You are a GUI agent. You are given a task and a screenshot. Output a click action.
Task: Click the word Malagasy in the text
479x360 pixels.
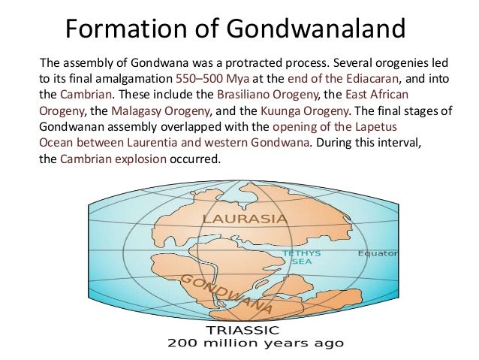[x=137, y=110]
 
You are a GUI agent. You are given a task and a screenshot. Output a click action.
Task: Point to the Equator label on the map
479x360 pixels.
[x=378, y=253]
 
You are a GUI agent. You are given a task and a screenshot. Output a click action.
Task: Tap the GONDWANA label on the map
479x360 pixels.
[x=223, y=295]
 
